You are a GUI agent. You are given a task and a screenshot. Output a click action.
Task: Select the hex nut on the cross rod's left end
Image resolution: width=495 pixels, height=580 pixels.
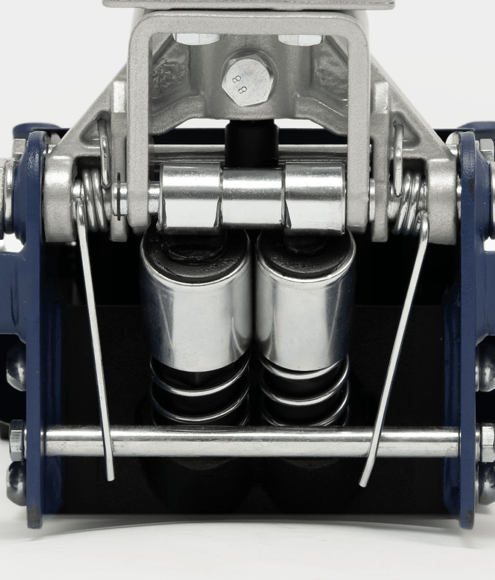click(17, 440)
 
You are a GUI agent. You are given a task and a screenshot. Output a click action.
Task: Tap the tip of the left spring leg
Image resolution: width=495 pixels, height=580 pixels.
click(110, 479)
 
